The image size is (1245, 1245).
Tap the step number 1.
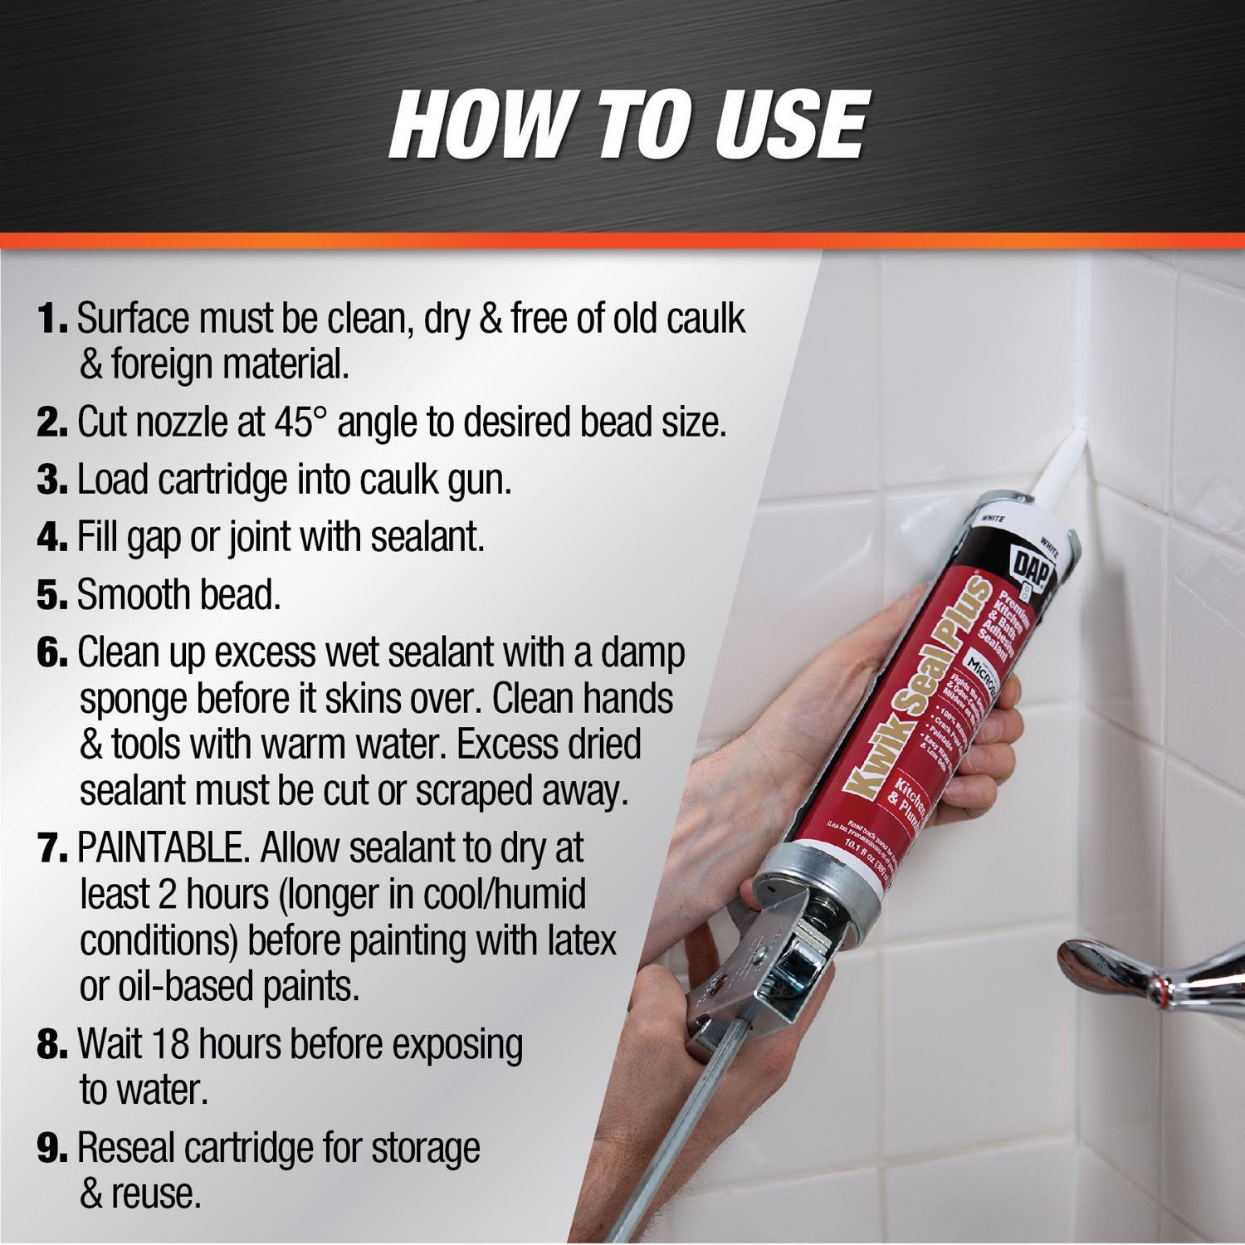pos(52,320)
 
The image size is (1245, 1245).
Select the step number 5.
pos(52,596)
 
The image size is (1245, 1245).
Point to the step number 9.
pos(52,1149)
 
